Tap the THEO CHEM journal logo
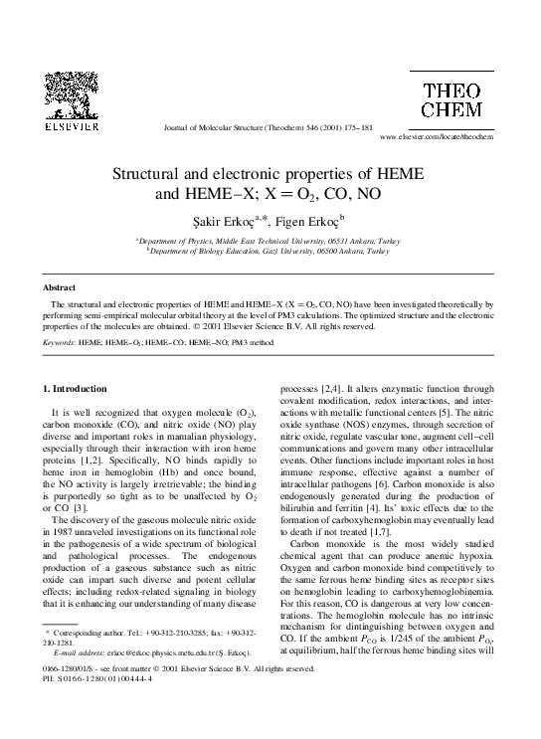[x=451, y=100]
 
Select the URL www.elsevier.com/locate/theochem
[x=437, y=136]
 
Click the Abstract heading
[x=61, y=287]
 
